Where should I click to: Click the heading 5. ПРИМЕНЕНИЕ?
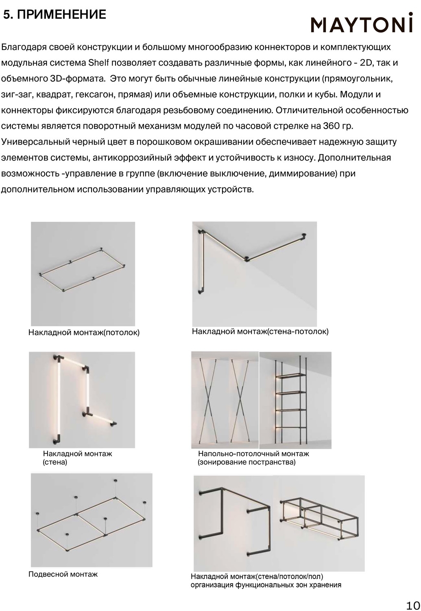point(55,15)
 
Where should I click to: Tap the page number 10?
point(412,604)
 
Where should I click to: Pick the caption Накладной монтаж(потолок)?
point(84,332)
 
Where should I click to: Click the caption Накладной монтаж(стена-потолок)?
point(260,332)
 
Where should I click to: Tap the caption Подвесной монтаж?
point(63,574)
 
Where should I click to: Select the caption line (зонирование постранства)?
point(246,462)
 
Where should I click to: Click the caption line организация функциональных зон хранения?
point(266,585)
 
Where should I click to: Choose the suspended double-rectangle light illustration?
point(92,519)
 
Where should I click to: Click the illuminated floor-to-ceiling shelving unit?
point(295,400)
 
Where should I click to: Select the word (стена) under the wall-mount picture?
point(55,462)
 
